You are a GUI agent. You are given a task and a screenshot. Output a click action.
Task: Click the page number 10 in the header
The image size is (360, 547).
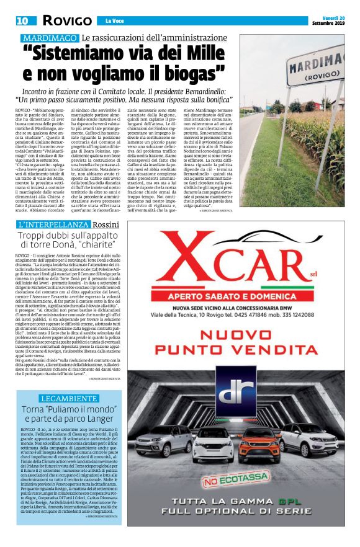point(22,22)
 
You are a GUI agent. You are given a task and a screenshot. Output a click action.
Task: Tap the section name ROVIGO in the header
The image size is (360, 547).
point(65,22)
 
